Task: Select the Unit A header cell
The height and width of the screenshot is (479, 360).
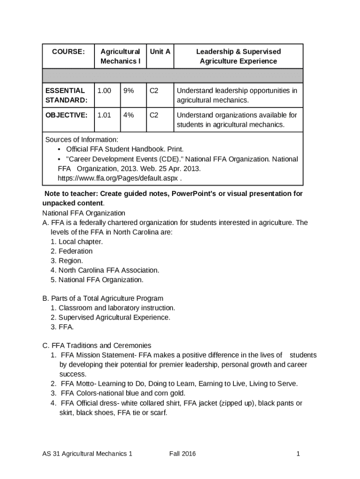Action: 160,51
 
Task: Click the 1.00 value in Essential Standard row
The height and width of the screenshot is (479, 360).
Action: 104,91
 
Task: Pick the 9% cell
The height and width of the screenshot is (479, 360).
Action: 129,91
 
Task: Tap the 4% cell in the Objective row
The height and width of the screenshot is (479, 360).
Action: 129,115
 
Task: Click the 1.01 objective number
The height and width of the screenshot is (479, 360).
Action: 104,115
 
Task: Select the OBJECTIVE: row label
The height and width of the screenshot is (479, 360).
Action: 66,115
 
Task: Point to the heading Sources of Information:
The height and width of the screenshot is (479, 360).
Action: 82,140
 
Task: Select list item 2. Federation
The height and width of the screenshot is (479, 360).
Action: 72,251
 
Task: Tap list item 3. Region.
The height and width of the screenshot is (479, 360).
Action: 67,261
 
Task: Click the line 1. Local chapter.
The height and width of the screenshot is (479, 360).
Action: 77,241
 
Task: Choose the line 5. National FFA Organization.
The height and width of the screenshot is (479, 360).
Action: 97,280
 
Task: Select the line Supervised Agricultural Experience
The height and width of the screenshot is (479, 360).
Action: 110,318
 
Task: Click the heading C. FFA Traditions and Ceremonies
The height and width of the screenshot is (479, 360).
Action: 97,346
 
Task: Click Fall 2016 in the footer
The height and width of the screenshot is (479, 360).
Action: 182,454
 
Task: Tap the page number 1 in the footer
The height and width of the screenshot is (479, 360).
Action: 297,454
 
